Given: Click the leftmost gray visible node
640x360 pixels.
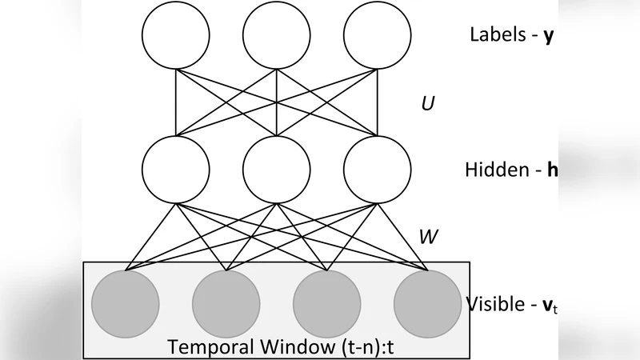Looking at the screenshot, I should click(x=125, y=304).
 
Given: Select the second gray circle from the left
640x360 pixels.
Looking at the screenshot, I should click(x=226, y=304).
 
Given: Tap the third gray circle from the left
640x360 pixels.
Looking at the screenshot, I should click(x=326, y=304).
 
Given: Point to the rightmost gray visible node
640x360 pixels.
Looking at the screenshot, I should click(x=427, y=304).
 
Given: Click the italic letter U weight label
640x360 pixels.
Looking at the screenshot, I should click(x=427, y=103).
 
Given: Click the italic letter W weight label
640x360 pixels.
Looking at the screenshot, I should click(x=429, y=237).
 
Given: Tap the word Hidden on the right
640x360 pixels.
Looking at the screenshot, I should click(x=494, y=170).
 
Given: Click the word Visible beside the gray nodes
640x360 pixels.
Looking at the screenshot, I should click(x=493, y=304).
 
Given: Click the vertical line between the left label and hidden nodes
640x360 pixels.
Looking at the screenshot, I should click(x=175, y=102).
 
